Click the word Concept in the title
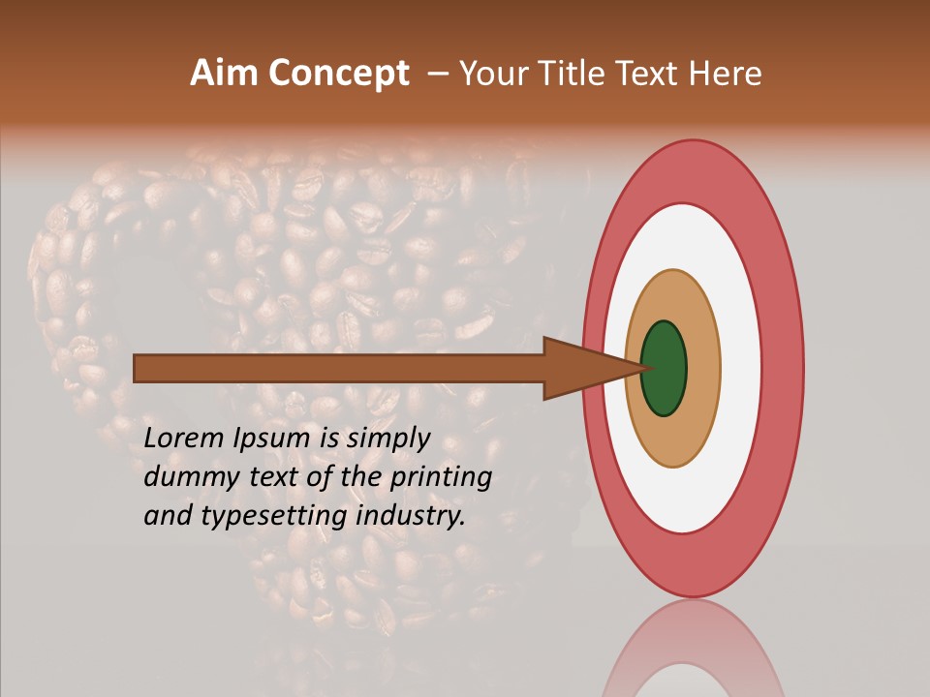(338, 74)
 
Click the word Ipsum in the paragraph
(273, 439)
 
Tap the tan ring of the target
(702, 369)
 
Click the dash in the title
(437, 75)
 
